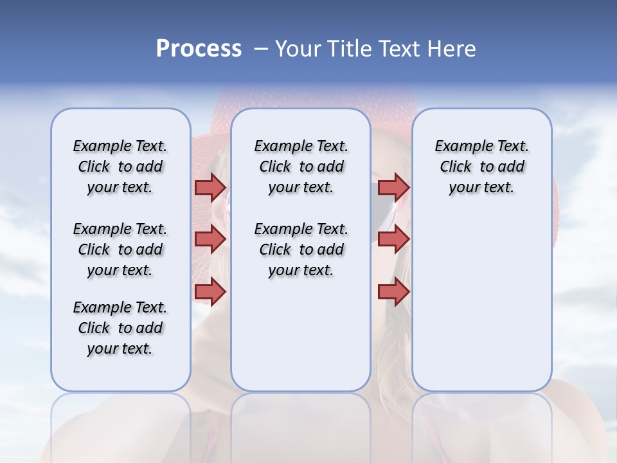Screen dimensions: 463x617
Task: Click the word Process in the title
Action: pos(199,48)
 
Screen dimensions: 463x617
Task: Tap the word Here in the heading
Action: pos(452,49)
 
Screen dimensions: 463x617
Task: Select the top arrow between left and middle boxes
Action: pos(210,187)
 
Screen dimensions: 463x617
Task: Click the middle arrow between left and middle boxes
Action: pos(210,239)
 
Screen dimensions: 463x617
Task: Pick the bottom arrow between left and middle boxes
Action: pos(210,292)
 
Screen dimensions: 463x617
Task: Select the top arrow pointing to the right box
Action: pos(393,187)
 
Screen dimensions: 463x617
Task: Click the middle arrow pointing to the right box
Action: pos(393,239)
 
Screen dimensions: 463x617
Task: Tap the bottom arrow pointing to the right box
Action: pos(393,292)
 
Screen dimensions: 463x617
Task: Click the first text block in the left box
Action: pos(120,167)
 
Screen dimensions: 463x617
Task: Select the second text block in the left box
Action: pos(120,250)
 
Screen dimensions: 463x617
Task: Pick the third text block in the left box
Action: pos(120,328)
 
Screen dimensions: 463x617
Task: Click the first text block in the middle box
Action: pos(301,167)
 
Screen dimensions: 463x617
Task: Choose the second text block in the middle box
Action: pos(301,250)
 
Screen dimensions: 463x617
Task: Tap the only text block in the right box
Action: pos(481,167)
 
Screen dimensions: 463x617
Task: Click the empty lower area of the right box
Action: pos(481,309)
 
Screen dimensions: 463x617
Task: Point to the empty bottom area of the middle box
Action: pos(301,341)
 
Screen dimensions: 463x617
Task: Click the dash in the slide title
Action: pos(260,49)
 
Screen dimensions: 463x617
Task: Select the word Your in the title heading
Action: pos(298,49)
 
